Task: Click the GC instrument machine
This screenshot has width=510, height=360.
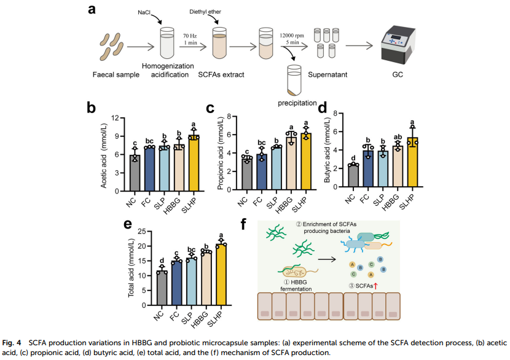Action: tap(398, 45)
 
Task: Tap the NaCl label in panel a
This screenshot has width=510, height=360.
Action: tap(144, 12)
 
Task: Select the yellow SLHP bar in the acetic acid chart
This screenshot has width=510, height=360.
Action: tap(194, 163)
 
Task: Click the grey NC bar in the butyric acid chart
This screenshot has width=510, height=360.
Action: tap(353, 176)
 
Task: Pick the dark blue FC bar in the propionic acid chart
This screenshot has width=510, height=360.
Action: tap(262, 172)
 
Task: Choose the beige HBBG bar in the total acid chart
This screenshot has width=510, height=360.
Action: tap(206, 278)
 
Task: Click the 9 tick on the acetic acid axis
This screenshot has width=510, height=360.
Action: tap(117, 136)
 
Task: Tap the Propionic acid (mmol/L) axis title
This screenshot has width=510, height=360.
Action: tap(221, 153)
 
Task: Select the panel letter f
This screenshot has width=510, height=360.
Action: tap(243, 224)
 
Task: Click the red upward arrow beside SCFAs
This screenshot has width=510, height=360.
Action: tap(375, 286)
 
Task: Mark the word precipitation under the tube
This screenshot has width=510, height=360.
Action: tap(297, 103)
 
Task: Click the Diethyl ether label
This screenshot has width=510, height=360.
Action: tap(205, 12)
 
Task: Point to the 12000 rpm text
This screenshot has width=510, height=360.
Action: tap(292, 36)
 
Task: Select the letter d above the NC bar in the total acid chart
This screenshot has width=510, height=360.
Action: tap(162, 260)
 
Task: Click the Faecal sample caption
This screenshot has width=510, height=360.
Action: tap(116, 75)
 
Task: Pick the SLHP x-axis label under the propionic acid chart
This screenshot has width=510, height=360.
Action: tap(300, 204)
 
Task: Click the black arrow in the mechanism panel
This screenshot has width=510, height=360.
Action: tap(327, 259)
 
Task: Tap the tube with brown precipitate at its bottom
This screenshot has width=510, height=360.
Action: tap(294, 80)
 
